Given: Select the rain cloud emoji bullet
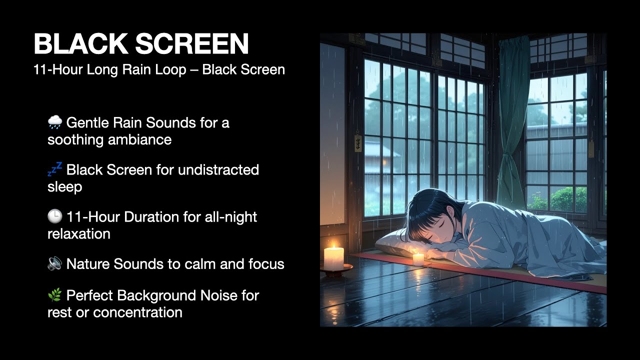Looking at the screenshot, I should [x=55, y=122].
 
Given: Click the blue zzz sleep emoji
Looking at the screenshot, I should [x=55, y=169].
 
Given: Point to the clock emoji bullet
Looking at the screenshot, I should [x=55, y=216].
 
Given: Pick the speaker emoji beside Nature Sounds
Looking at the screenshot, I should [x=55, y=264].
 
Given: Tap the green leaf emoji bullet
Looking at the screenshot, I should [x=55, y=295].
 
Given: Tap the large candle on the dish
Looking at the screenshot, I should [x=333, y=258].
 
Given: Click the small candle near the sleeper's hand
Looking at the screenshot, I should [x=418, y=258].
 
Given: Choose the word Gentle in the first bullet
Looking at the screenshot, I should [x=87, y=122].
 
